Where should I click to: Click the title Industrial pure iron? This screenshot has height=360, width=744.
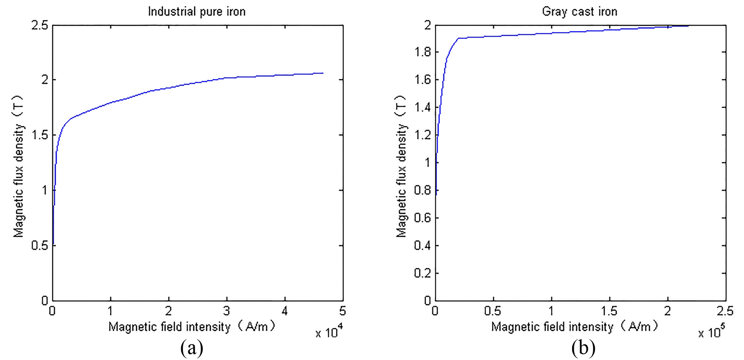pos(196,11)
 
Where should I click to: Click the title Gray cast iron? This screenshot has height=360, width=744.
pos(579,11)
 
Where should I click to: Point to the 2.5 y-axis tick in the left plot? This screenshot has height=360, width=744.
pos(39,25)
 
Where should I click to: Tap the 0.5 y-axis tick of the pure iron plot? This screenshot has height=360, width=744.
pos(39,246)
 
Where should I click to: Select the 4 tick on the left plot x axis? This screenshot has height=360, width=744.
pos(285,311)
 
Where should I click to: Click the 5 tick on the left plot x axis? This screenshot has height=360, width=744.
pos(342,311)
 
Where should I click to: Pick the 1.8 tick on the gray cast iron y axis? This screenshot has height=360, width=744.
pos(423,52)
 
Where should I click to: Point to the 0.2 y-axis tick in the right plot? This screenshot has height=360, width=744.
pos(423,273)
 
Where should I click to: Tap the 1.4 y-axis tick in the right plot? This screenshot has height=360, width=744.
pos(423,108)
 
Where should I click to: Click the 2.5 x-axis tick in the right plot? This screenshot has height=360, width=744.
pos(725,311)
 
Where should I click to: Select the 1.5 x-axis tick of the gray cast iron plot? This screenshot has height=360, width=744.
pos(609,311)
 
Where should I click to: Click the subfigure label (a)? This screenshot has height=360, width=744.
pos(192,349)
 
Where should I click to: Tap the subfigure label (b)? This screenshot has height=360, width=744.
pos(583,349)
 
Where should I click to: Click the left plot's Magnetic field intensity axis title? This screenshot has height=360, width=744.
pos(192,327)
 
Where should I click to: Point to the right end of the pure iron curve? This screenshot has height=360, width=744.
pos(323,73)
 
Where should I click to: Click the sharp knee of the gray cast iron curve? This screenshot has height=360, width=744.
pos(459,38)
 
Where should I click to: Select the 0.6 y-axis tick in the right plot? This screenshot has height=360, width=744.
pos(423,218)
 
